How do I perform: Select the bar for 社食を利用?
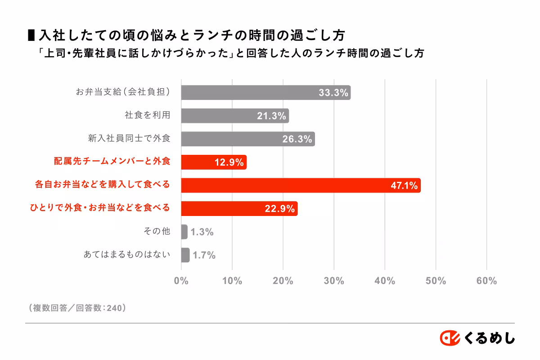pyautogui.click(x=235, y=116)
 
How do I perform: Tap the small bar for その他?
pyautogui.click(x=184, y=232)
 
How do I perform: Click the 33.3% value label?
pyautogui.click(x=333, y=93)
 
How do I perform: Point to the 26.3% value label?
pyautogui.click(x=297, y=139)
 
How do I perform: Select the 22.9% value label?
pyautogui.click(x=279, y=209)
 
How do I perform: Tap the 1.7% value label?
pyautogui.click(x=204, y=256)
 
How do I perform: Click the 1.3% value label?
pyautogui.click(x=202, y=232)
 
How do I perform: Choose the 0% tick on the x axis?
pyautogui.click(x=181, y=281)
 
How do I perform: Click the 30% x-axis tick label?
pyautogui.click(x=334, y=281)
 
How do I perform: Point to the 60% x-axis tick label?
pyautogui.click(x=486, y=281)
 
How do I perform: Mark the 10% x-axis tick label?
pyautogui.click(x=232, y=281)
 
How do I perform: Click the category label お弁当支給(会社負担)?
pyautogui.click(x=123, y=92)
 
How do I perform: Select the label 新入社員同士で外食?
pyautogui.click(x=129, y=139)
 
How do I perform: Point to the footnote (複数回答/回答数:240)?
pyautogui.click(x=76, y=308)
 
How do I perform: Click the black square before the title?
pyautogui.click(x=31, y=34)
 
